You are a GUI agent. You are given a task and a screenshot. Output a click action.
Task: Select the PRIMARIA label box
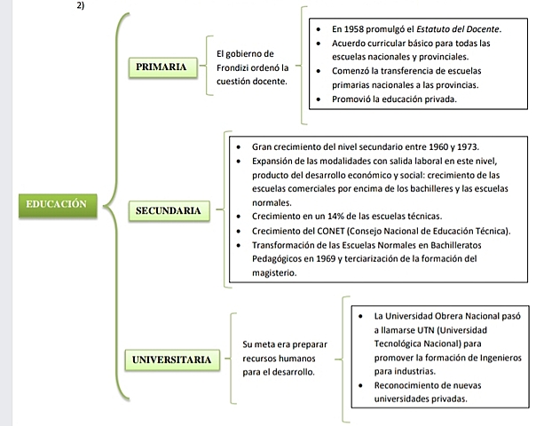coord(162,67)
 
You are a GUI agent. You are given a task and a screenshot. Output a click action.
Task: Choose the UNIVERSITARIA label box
coord(172,359)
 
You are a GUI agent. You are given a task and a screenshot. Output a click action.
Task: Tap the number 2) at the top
coord(85,4)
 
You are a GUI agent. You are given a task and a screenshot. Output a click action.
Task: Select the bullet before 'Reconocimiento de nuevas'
coord(360,385)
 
